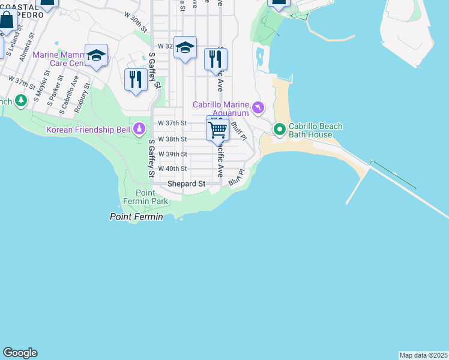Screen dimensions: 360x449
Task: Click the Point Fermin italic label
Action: coord(136,217)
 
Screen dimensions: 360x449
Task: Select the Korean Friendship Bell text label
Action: coord(89,130)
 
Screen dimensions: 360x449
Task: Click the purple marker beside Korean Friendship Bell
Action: coord(140,128)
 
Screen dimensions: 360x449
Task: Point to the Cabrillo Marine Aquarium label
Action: coord(220,109)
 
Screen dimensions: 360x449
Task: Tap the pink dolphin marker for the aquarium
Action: coord(258,107)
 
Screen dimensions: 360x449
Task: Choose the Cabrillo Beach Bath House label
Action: coord(315,130)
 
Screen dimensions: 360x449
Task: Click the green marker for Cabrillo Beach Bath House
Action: coord(279,128)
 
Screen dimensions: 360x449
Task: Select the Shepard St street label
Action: coord(187,183)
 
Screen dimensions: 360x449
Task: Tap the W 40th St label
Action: coord(173,169)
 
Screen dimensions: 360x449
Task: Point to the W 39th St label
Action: coord(173,154)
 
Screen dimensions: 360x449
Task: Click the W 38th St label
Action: coord(173,139)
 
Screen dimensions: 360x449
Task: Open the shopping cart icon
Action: coord(217,128)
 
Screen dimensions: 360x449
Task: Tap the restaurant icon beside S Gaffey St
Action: coord(136,80)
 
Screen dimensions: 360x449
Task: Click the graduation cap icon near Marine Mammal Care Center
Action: coord(96,56)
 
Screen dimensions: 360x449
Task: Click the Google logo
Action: coord(20,353)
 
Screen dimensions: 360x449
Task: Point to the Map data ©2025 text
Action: coord(423,355)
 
